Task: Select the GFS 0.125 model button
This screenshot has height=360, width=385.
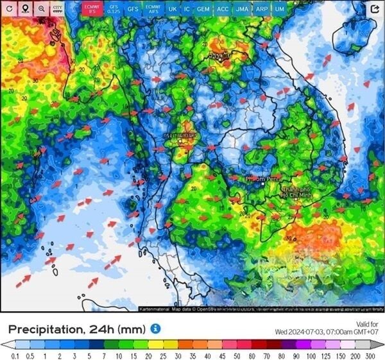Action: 113,9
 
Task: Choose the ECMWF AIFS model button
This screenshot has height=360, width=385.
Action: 153,9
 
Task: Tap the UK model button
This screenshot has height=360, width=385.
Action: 172,9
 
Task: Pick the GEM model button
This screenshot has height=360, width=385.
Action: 203,9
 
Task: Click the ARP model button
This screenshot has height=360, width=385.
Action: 262,9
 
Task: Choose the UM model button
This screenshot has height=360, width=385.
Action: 280,9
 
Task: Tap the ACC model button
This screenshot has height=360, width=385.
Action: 223,9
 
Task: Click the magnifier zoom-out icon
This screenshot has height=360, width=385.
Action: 41,9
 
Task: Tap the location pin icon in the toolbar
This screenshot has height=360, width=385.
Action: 25,9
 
